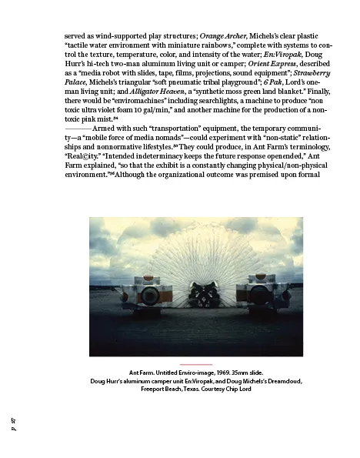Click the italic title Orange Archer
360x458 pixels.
click(x=224, y=36)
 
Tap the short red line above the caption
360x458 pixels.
click(x=195, y=363)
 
